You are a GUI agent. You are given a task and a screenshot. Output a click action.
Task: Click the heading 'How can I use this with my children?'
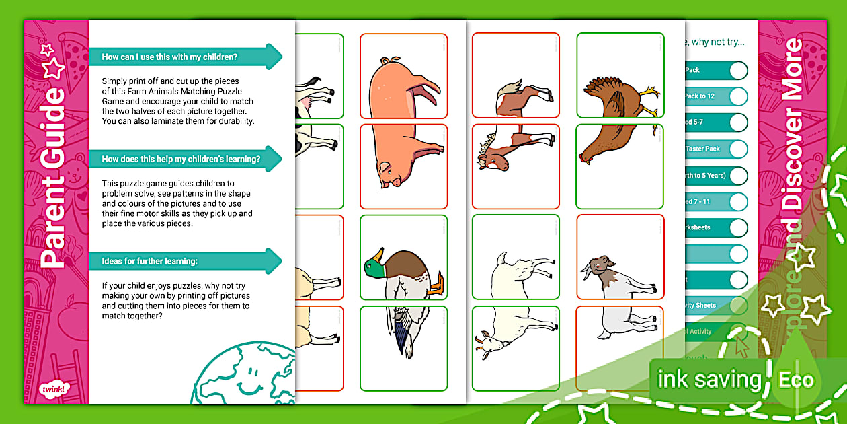pyautogui.click(x=169, y=57)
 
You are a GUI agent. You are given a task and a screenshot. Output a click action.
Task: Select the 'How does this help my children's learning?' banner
pyautogui.click(x=181, y=160)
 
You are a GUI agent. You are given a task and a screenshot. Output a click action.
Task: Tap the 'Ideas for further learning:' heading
pyautogui.click(x=150, y=261)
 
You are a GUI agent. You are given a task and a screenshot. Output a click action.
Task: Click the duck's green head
pyautogui.click(x=374, y=263)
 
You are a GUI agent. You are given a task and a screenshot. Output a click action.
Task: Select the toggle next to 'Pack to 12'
pyautogui.click(x=737, y=96)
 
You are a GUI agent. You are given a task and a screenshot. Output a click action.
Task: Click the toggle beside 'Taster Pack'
pyautogui.click(x=737, y=149)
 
